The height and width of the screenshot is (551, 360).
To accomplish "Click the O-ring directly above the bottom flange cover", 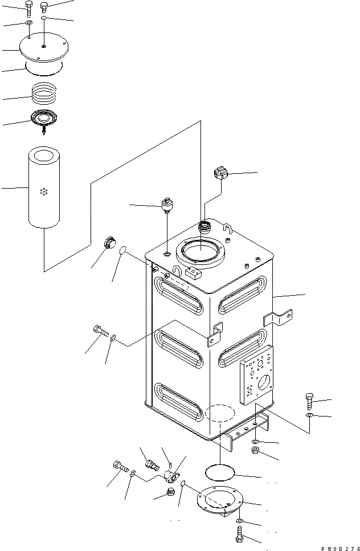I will [x=219, y=472].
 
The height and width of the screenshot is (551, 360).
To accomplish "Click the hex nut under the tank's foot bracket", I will [x=256, y=452].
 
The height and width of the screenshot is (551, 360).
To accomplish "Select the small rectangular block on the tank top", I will [x=195, y=274].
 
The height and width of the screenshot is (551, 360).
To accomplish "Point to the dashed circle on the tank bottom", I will [x=219, y=414].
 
